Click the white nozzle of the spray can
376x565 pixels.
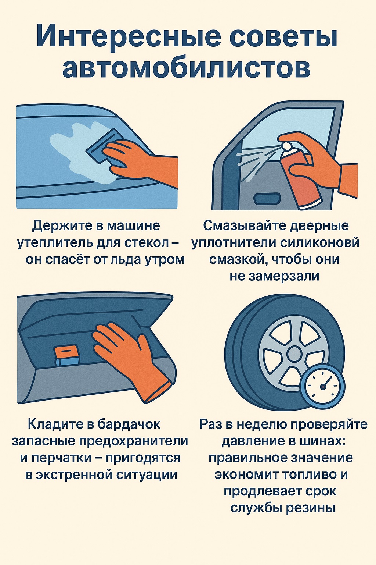point(288,146)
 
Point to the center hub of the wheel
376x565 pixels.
point(293,354)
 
